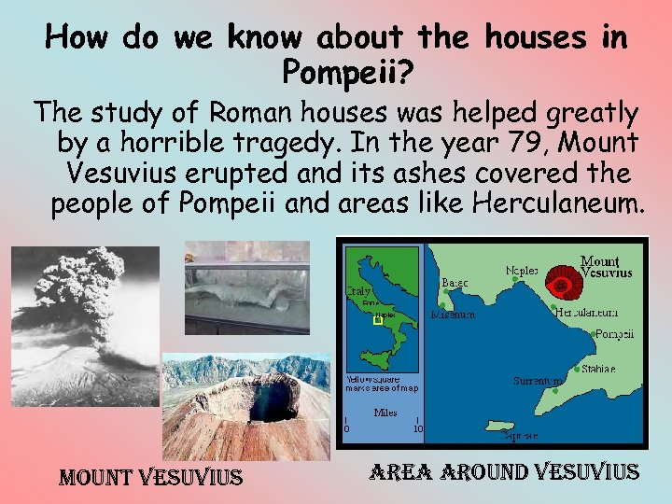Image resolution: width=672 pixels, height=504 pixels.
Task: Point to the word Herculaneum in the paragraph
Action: coord(558,203)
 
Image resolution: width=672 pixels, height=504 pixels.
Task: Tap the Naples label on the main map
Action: coord(522,270)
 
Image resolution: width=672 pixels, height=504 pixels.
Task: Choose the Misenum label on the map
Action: coord(453,315)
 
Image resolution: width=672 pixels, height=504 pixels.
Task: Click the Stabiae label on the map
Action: coord(597,369)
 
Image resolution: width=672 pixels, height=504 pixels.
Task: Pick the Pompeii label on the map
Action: coord(614,334)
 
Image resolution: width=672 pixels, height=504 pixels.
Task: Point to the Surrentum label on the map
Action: coord(538,381)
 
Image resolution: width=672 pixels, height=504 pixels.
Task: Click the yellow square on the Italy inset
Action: coord(378,319)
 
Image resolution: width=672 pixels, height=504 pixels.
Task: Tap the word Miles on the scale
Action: coord(385,412)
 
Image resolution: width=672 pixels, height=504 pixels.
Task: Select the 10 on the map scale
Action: coord(417,429)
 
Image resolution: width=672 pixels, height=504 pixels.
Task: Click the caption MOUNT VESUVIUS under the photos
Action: coord(151,479)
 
